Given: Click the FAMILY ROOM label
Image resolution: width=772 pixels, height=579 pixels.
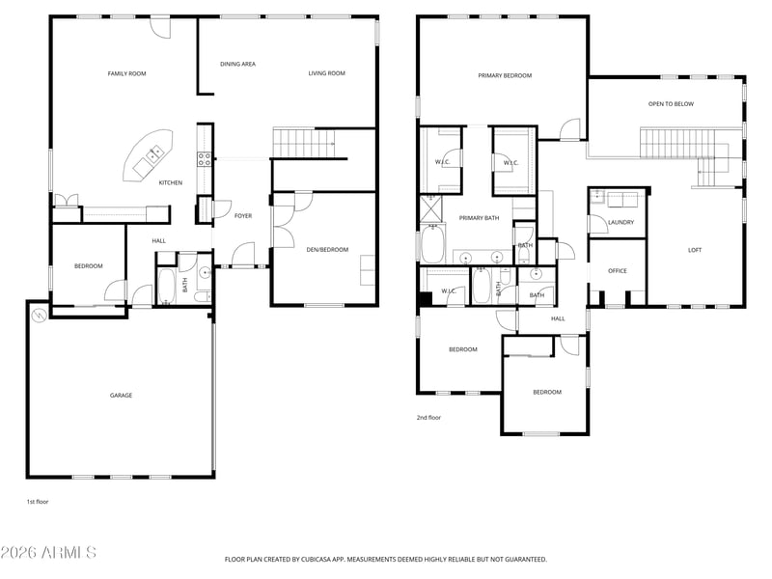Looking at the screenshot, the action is pos(126,74).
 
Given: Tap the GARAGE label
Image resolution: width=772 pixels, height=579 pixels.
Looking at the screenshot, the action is pos(121,396).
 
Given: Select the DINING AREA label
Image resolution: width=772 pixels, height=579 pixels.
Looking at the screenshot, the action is pos(237,64).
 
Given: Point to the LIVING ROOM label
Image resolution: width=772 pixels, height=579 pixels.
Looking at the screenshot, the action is pos(326,73).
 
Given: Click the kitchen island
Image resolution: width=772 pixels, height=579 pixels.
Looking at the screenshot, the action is pos(149,155).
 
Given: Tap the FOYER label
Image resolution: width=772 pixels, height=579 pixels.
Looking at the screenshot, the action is pos(243,216).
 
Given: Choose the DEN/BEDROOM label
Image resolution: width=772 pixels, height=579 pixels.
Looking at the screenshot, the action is pos(327,250).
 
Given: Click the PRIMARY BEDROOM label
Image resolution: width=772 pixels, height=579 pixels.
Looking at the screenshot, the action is pos(505,76).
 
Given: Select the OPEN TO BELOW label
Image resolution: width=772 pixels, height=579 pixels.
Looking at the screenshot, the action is pos(671,104).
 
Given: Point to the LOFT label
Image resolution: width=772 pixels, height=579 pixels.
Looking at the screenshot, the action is pos(695,250).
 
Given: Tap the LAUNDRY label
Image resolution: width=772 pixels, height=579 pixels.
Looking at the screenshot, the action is pos(620,223).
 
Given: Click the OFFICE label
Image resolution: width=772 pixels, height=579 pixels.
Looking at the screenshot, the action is pos(618,271).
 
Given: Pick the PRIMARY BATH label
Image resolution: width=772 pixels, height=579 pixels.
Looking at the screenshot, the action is pos(479,218).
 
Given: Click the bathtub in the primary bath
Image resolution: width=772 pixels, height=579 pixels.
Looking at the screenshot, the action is pos(432,244).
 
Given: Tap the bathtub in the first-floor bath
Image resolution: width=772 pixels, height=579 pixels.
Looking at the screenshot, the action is pos(166,286).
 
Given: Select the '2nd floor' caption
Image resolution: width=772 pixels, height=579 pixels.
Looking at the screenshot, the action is pos(428,418).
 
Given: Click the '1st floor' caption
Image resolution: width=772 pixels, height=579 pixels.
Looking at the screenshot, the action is pos(38,502).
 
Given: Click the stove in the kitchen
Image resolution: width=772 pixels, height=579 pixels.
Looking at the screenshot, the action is pos(205,159).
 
